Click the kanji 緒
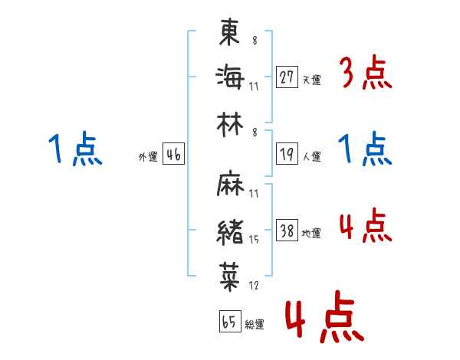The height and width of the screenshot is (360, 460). (x=230, y=230)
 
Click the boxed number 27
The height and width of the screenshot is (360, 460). (x=287, y=77)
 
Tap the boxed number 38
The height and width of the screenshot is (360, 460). (x=287, y=231)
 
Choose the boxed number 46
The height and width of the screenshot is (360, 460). (x=173, y=155)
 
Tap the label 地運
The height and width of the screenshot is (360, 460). (x=312, y=234)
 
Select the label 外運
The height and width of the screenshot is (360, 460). (x=147, y=157)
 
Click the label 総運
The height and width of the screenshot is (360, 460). (x=255, y=325)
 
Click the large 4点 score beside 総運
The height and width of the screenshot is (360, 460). (x=324, y=318)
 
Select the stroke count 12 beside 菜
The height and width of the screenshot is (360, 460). (x=254, y=286)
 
